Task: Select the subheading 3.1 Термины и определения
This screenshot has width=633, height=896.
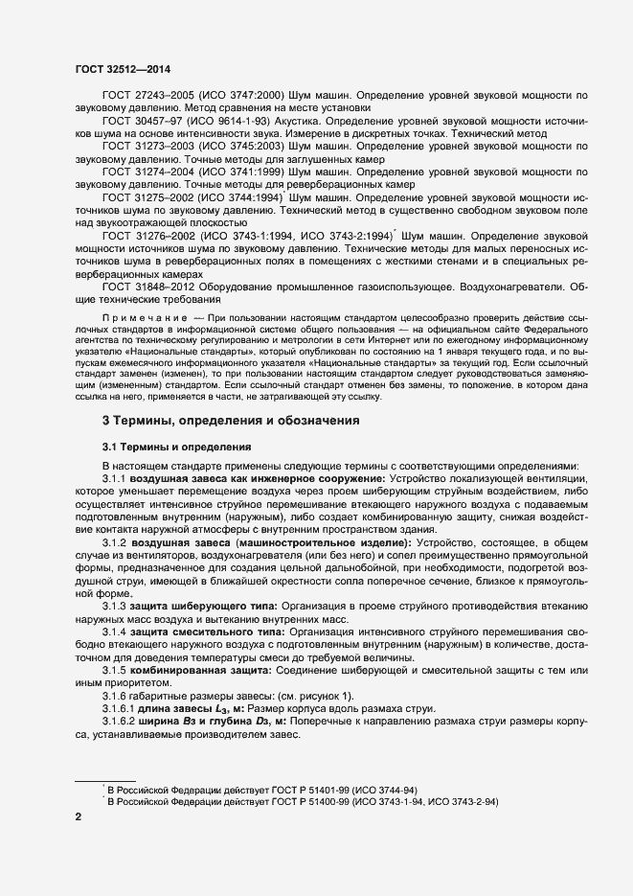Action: click(x=177, y=447)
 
